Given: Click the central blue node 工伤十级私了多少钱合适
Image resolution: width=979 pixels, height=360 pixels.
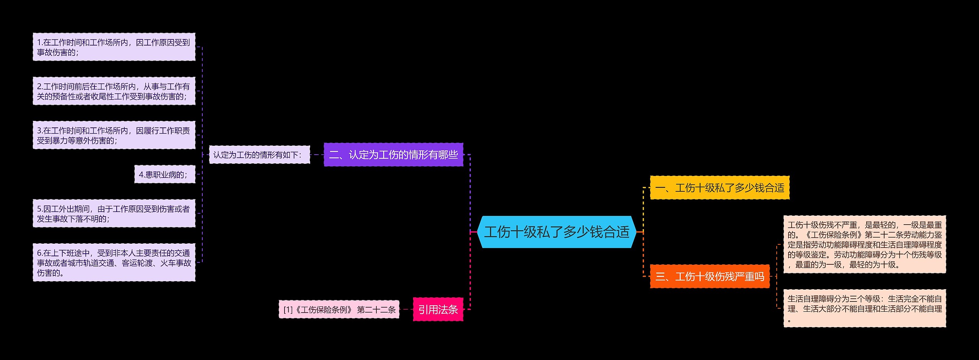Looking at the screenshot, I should [556, 232].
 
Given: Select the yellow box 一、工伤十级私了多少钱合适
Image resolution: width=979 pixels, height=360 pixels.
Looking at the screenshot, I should [719, 188].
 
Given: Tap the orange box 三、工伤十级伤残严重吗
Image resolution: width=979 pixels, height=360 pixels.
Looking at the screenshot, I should [709, 276].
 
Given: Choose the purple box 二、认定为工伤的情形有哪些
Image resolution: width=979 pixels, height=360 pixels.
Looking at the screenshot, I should [393, 155].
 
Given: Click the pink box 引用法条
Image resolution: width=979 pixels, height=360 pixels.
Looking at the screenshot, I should [438, 310].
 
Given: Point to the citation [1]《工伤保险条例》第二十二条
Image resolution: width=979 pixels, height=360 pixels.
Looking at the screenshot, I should [339, 310].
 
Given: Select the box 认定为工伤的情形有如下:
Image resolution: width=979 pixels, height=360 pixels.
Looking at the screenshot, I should [259, 155].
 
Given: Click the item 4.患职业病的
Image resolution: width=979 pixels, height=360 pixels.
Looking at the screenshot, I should [164, 175].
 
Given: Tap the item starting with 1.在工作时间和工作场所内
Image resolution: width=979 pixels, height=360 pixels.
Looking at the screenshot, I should [114, 47].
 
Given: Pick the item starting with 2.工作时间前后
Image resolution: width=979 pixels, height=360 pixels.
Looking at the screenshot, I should [114, 91].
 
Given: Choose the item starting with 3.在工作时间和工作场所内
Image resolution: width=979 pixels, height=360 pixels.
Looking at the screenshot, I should [114, 135].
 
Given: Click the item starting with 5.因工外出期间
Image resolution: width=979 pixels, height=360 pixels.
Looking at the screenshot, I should [114, 213].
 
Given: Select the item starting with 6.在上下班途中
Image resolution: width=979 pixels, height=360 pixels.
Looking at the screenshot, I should [114, 262].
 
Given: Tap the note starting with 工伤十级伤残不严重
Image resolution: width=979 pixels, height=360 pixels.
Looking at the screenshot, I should [864, 244].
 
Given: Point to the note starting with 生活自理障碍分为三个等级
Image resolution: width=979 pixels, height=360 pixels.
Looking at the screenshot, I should [864, 308].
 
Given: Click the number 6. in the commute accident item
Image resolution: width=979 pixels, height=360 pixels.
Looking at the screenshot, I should [40, 253].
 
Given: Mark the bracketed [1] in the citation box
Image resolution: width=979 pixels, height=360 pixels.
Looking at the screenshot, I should [288, 310].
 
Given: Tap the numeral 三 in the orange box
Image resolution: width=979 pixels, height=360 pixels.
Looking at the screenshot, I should [660, 276].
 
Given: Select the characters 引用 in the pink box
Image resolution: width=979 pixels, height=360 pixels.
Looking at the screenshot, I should [428, 310].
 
